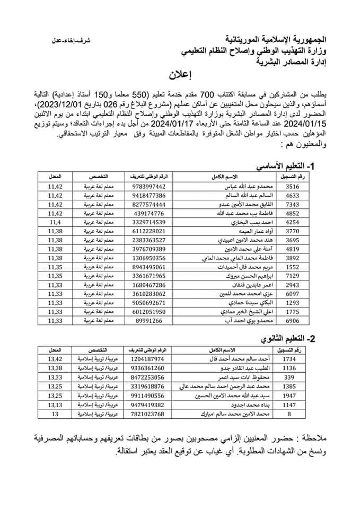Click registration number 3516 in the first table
293,186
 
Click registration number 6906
293,321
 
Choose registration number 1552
293,267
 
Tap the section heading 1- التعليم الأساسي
285,166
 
